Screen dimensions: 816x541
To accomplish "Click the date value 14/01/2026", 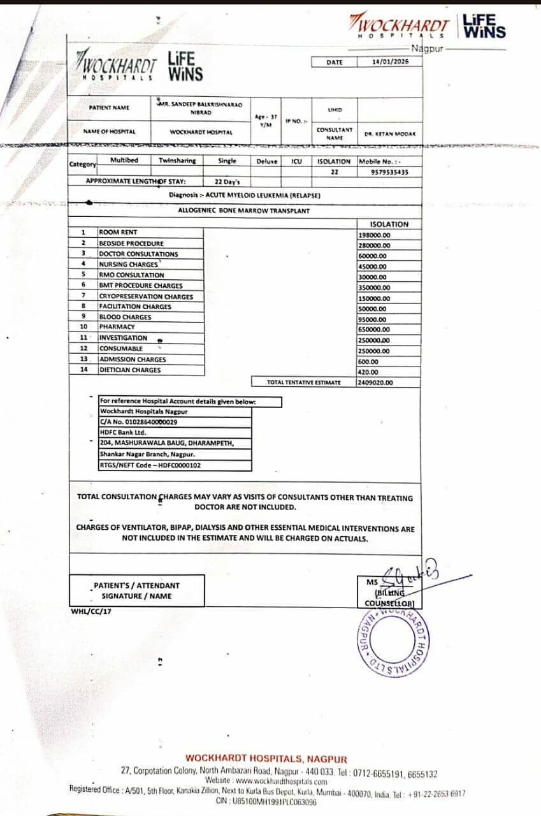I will click(x=389, y=62).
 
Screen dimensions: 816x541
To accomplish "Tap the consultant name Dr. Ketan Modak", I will click(x=390, y=134).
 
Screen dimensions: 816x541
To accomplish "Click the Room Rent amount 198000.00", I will click(x=375, y=235).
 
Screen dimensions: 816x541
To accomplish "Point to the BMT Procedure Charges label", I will click(x=140, y=286).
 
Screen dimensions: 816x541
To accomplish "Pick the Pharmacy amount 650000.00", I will click(x=375, y=330).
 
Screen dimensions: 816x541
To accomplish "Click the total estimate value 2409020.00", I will click(x=376, y=382).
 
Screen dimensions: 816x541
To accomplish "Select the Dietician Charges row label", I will click(x=129, y=370).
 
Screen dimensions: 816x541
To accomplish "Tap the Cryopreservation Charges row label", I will click(x=146, y=296).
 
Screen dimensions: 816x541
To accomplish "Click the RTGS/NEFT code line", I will click(x=150, y=465).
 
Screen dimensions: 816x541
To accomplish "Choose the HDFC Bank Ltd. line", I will click(x=123, y=432).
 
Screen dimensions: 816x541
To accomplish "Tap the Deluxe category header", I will click(x=267, y=161).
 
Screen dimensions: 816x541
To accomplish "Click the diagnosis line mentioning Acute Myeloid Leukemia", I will click(x=244, y=194).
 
